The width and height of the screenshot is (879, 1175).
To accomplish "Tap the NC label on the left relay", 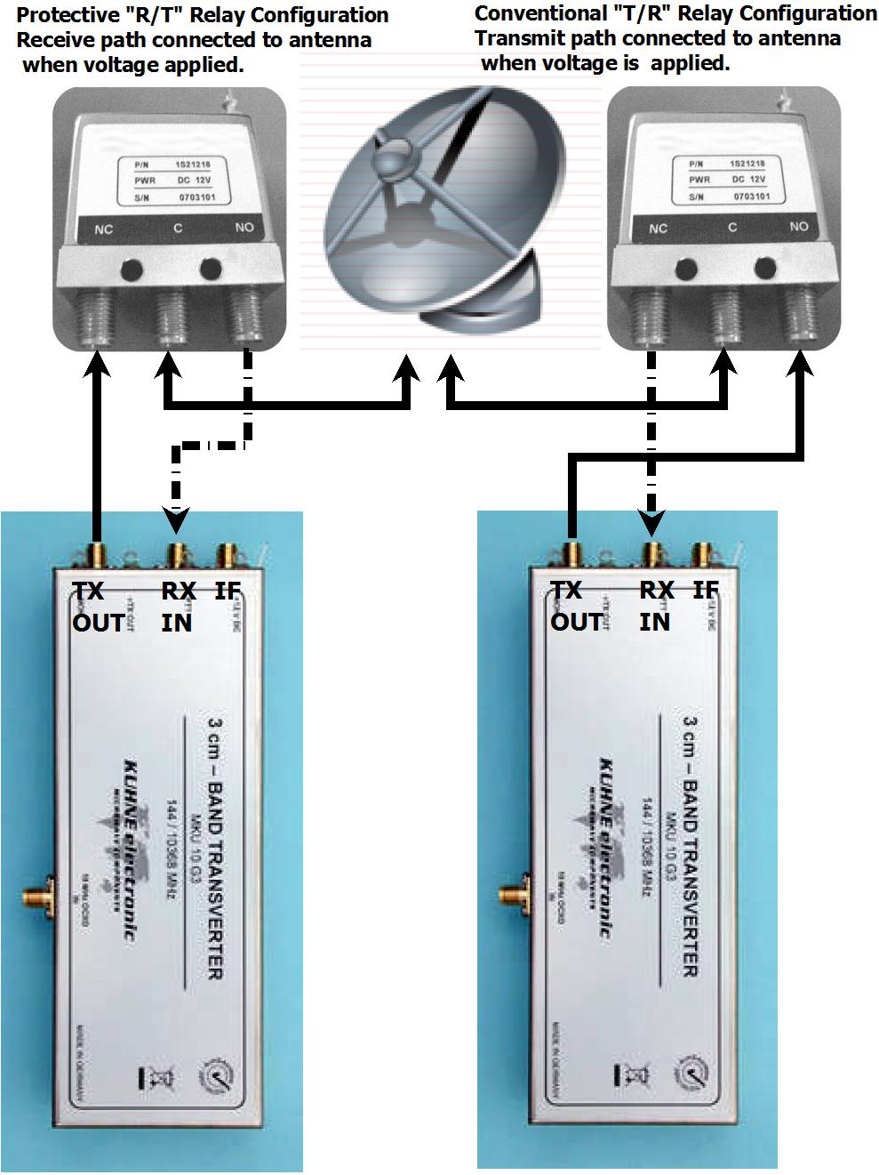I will [104, 229].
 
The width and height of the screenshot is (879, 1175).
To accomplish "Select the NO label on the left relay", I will [244, 228].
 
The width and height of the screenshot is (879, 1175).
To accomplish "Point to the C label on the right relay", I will [732, 228].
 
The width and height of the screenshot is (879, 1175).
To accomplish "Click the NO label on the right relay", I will [798, 227].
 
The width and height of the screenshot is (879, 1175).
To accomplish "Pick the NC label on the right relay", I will [659, 229].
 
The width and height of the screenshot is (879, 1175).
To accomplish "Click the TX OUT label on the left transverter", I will [97, 607].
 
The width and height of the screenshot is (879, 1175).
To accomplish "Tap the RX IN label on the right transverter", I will [657, 606].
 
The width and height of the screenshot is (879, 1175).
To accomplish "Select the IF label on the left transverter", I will [228, 591].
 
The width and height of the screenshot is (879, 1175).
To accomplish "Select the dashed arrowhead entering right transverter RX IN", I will [653, 519].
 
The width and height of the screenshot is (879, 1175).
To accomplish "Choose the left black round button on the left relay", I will [132, 268].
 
